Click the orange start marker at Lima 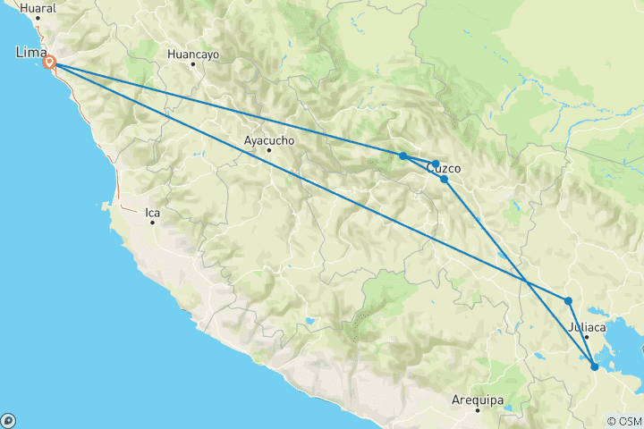point(50,63)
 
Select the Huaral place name point(38,7)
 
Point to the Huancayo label point(193,54)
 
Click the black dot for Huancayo point(193,64)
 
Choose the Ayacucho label point(268,140)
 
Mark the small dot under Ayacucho point(268,150)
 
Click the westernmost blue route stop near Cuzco point(403,156)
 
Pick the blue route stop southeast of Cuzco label point(445,180)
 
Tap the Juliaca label point(587,327)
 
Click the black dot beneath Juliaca point(587,337)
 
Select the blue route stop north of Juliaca point(569,301)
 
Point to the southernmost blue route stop point(595,366)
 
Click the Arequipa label point(479,400)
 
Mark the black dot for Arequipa point(479,410)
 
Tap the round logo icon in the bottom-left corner point(9,420)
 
